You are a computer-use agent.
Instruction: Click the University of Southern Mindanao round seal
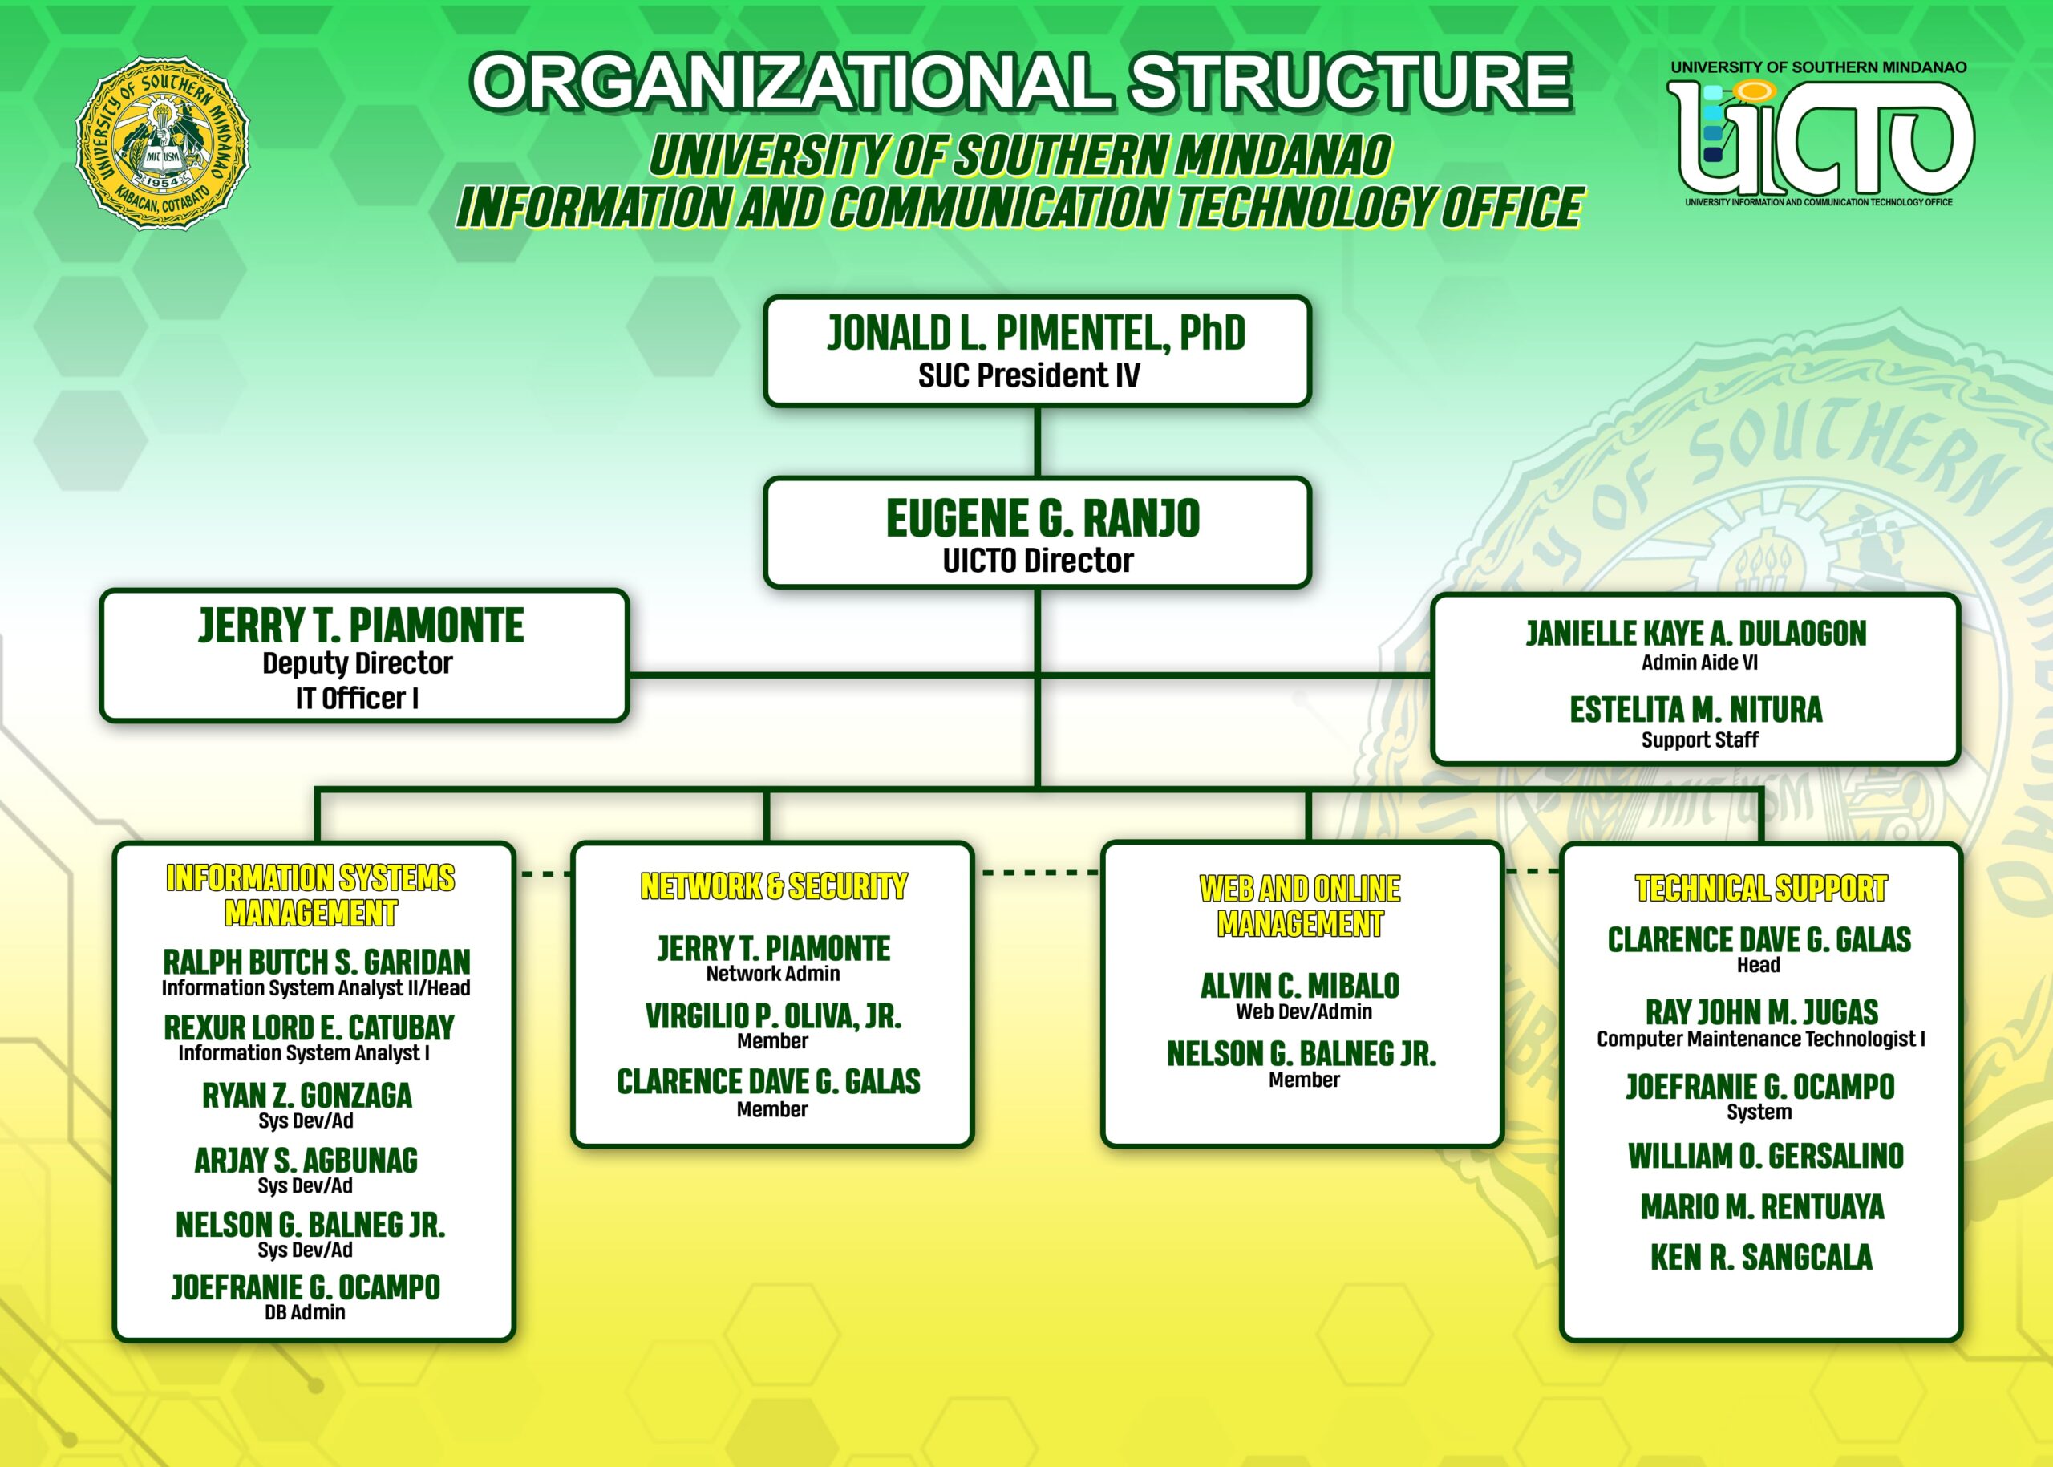click(163, 143)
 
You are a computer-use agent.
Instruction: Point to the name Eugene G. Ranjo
click(1043, 518)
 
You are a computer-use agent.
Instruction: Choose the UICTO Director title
click(1038, 561)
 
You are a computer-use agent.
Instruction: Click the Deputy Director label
click(358, 663)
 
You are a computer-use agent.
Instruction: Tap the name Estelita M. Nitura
click(1695, 710)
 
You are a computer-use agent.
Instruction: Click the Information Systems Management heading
click(310, 895)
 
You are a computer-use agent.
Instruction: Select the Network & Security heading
click(773, 887)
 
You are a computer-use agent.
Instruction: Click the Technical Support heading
click(1760, 889)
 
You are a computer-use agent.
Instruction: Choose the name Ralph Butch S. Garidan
click(316, 961)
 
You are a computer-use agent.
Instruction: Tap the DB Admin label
click(305, 1312)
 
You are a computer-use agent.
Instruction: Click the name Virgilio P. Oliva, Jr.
click(773, 1016)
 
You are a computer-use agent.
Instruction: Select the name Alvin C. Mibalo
click(1300, 986)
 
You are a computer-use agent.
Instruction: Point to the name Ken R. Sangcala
click(1761, 1258)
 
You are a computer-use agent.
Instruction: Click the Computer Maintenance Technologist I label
click(1760, 1039)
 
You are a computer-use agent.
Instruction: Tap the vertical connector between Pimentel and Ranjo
click(1037, 442)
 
